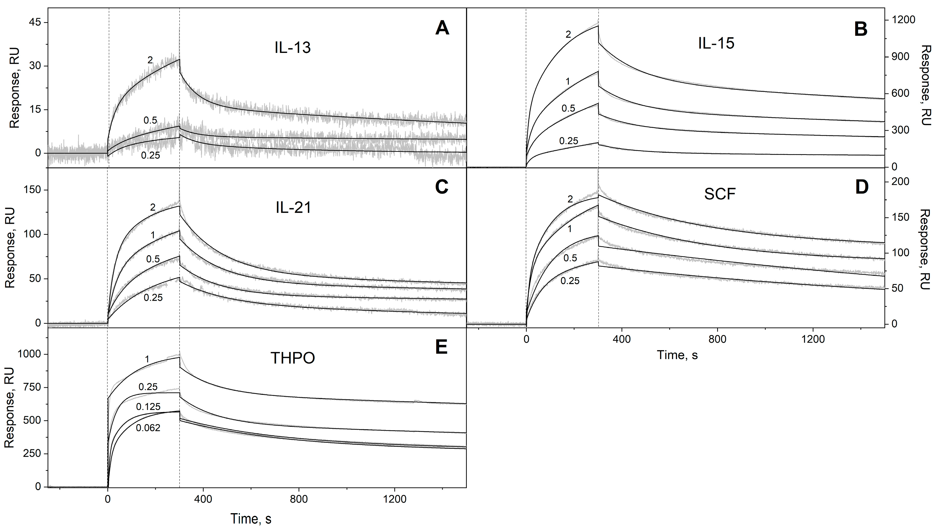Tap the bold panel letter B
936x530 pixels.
[861, 29]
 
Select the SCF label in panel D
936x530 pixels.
[720, 194]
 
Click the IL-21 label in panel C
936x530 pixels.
[293, 208]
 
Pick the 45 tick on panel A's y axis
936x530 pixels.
[33, 23]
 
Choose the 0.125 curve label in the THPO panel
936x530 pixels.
[148, 407]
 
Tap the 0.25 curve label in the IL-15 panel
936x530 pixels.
[568, 141]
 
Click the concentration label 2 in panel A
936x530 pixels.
[150, 60]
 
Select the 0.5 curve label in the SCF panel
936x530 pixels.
[570, 258]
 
